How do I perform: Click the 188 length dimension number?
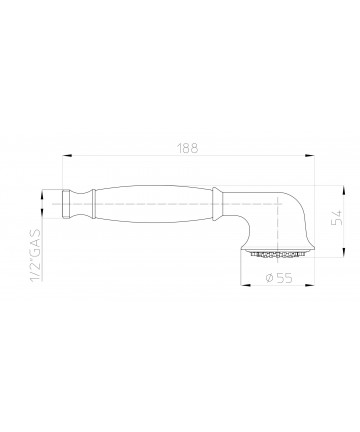tap(187, 148)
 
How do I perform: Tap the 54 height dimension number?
tap(337, 218)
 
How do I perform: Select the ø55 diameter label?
tap(279, 278)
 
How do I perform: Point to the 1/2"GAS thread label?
tap(36, 255)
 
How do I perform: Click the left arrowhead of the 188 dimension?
tap(67, 155)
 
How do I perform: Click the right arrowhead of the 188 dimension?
tap(310, 155)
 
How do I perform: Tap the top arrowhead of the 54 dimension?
tap(344, 191)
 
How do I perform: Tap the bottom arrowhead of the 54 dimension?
tap(344, 252)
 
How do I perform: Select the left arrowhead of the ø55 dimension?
tap(245, 285)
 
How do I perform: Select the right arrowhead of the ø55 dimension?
tap(310, 285)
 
